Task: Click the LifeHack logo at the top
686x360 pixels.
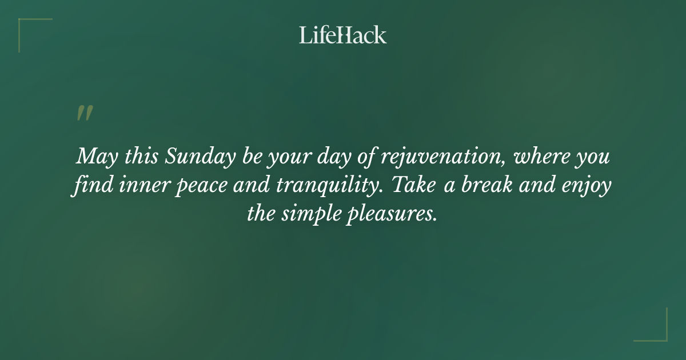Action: (x=342, y=35)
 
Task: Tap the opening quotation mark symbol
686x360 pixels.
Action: (x=84, y=113)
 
